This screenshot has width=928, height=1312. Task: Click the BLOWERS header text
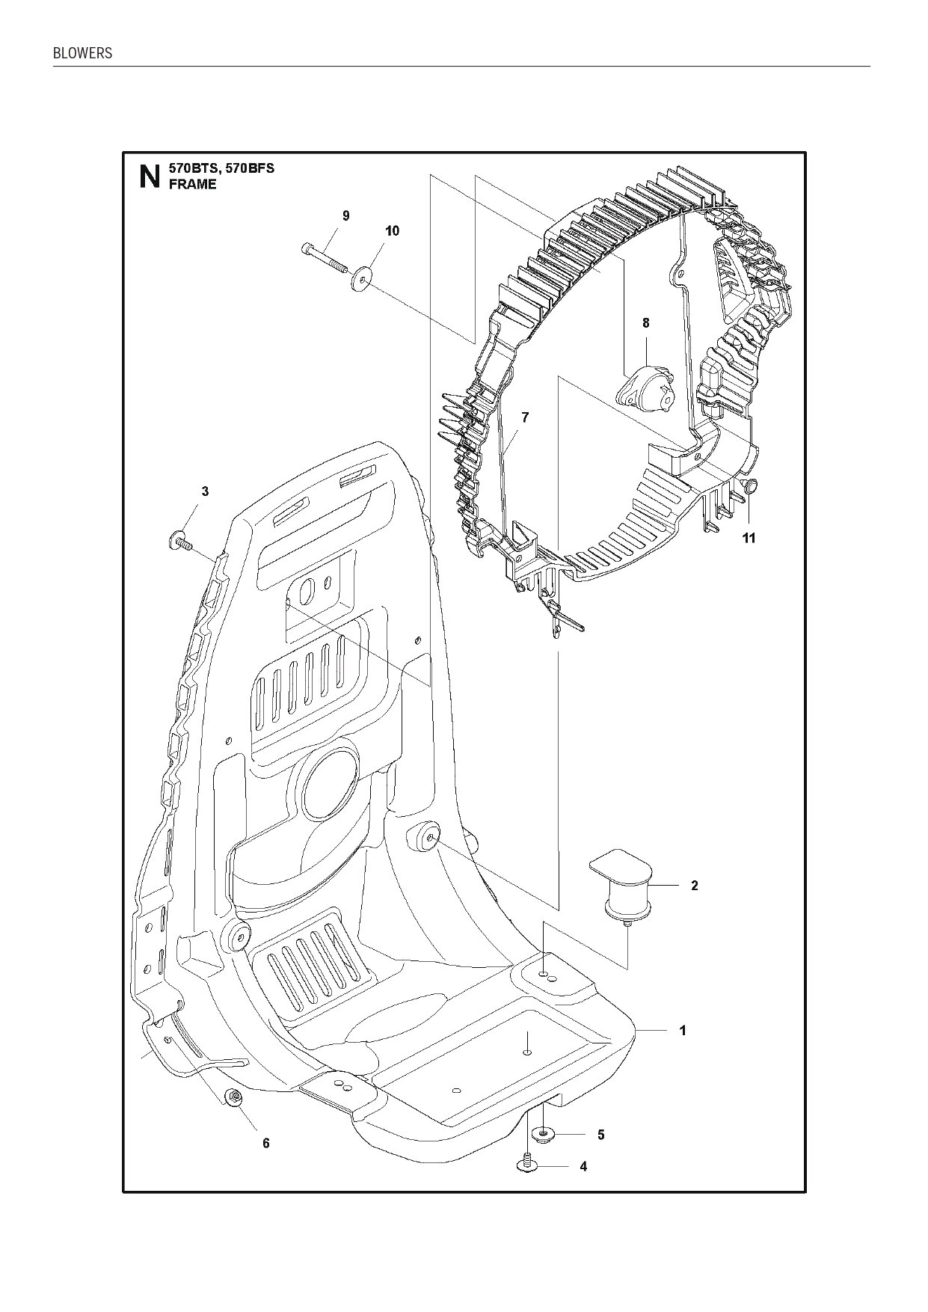tap(82, 53)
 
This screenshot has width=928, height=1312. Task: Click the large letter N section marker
tap(150, 177)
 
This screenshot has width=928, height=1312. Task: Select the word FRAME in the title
tap(192, 185)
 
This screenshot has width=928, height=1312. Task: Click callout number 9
tap(345, 215)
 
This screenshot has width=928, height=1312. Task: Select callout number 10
tap(392, 230)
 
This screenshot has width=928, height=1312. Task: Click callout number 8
tap(645, 323)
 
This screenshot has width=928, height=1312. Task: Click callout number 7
tap(525, 417)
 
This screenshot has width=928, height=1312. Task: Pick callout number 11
tap(749, 538)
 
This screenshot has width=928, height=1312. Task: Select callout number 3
tap(205, 491)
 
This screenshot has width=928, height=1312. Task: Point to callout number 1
tap(682, 1031)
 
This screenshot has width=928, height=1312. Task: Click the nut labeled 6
tap(234, 1098)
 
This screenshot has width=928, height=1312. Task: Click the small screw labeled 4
tap(528, 1165)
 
